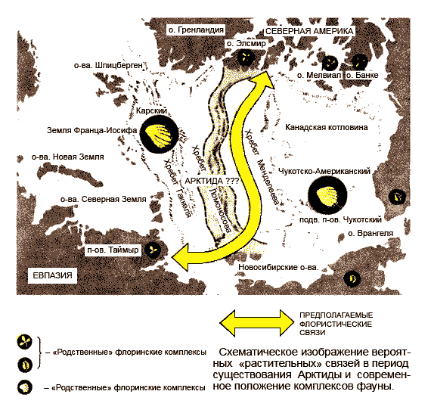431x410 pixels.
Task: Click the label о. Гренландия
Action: tap(196, 30)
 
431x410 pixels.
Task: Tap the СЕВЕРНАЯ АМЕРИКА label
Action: tap(309, 31)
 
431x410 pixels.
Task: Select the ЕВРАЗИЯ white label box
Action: tap(52, 275)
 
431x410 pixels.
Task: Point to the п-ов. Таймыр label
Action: tap(113, 250)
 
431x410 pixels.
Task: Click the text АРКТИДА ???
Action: tap(212, 181)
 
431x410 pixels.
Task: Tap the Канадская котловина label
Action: tap(326, 127)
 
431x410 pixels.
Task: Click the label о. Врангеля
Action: tap(371, 233)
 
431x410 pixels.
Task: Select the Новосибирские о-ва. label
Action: tap(278, 267)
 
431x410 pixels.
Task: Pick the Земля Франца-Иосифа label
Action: tap(91, 130)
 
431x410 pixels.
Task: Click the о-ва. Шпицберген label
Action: tap(108, 66)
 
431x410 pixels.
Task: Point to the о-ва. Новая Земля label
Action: tap(68, 157)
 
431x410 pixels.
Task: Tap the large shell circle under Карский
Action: tap(159, 134)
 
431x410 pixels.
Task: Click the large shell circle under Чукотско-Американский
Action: tap(327, 195)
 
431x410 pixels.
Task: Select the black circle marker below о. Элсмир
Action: tap(246, 57)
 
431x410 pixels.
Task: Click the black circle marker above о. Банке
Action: tap(360, 62)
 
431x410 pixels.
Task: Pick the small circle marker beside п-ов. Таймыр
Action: tap(153, 250)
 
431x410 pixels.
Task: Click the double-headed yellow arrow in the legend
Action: tap(257, 323)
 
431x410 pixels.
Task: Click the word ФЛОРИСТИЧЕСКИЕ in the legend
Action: tap(336, 324)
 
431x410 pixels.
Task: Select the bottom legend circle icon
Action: tap(25, 387)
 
